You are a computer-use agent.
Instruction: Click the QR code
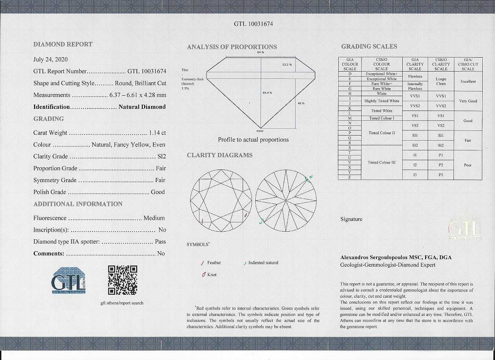tap(122, 280)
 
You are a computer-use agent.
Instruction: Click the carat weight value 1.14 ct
tap(157, 133)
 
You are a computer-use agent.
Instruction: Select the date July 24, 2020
tap(50, 59)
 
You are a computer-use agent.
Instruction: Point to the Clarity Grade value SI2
tap(161, 156)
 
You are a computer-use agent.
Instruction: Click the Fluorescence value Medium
tap(154, 218)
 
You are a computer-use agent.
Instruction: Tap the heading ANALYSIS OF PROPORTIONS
tap(232, 47)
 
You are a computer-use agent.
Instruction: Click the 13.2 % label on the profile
tap(287, 64)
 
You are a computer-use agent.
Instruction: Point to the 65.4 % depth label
tap(267, 92)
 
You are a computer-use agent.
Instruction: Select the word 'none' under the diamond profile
tap(260, 131)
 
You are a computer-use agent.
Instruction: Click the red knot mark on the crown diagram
tap(246, 216)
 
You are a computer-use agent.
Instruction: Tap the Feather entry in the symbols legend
tap(214, 263)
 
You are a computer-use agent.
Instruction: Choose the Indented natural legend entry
tap(263, 263)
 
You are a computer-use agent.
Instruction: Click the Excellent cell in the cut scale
tap(467, 81)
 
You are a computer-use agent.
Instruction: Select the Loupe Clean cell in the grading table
tap(441, 81)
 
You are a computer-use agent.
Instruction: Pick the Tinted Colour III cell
tap(381, 162)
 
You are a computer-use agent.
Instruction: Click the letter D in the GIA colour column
tap(350, 74)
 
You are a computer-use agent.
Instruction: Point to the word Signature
tap(351, 219)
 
